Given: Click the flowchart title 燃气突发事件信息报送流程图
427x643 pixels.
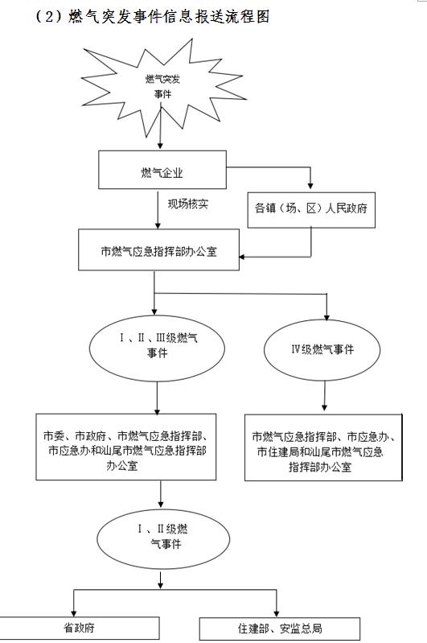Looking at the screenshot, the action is click(x=169, y=16).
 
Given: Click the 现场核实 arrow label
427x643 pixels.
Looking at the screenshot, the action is click(x=187, y=204).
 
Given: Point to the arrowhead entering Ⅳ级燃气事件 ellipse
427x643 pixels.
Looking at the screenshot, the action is click(x=326, y=316).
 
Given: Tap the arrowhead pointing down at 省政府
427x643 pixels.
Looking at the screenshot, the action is click(x=74, y=612).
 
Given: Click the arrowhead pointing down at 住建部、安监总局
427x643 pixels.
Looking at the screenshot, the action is click(x=277, y=613).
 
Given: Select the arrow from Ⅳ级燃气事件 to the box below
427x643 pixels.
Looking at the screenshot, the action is click(x=325, y=396).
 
